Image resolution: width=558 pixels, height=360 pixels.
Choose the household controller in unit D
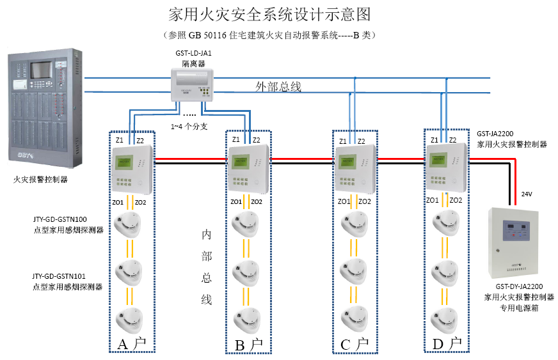(447, 168)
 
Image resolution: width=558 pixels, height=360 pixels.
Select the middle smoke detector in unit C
(353, 272)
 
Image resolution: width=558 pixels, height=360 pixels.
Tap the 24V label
(527, 194)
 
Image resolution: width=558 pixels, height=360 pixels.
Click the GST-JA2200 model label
(496, 134)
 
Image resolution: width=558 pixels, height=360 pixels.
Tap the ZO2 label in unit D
(456, 200)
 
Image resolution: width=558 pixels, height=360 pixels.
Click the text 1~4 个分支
(189, 126)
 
